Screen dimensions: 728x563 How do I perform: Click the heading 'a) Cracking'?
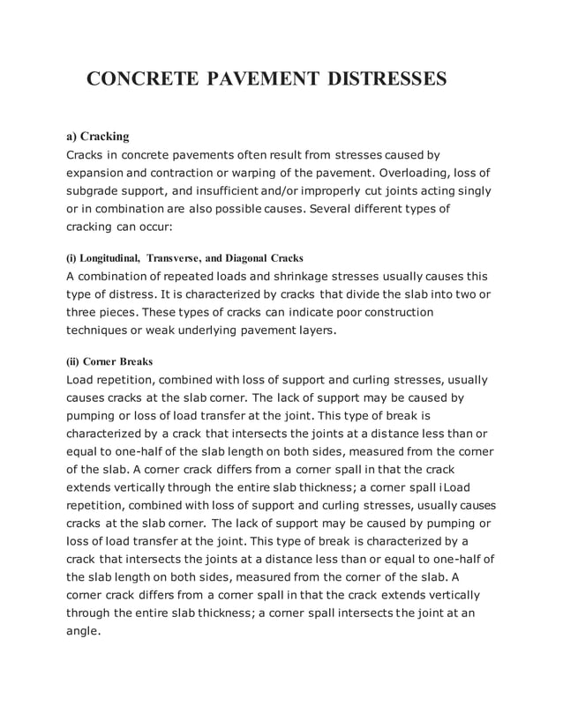[98, 137]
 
